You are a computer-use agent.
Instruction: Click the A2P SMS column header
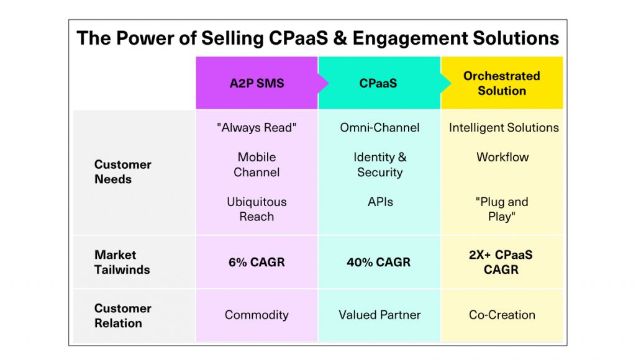click(x=257, y=83)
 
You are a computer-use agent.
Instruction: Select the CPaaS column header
click(x=378, y=83)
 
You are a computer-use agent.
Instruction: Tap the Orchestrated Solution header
click(x=502, y=83)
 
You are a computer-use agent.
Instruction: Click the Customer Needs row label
click(x=122, y=172)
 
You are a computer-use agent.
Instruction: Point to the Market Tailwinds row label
click(x=122, y=263)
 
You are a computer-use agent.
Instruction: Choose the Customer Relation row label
click(x=122, y=316)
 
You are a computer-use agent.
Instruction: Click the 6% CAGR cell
click(x=257, y=263)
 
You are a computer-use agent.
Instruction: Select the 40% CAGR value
click(x=378, y=263)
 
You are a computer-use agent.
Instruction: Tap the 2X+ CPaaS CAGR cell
click(x=501, y=263)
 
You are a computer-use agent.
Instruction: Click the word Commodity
click(x=257, y=315)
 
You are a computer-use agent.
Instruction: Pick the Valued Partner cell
click(x=379, y=315)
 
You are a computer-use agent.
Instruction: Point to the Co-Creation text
click(x=502, y=315)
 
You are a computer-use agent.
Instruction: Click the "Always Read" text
click(x=257, y=128)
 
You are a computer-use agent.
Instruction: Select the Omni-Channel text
click(x=379, y=128)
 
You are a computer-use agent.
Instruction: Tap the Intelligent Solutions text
click(x=504, y=128)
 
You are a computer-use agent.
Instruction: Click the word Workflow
click(x=502, y=157)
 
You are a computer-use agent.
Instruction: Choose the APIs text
click(x=381, y=202)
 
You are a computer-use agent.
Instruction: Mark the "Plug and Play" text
click(x=502, y=209)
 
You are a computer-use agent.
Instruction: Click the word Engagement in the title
click(x=409, y=38)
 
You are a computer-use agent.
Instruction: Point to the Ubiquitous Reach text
click(x=257, y=209)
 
